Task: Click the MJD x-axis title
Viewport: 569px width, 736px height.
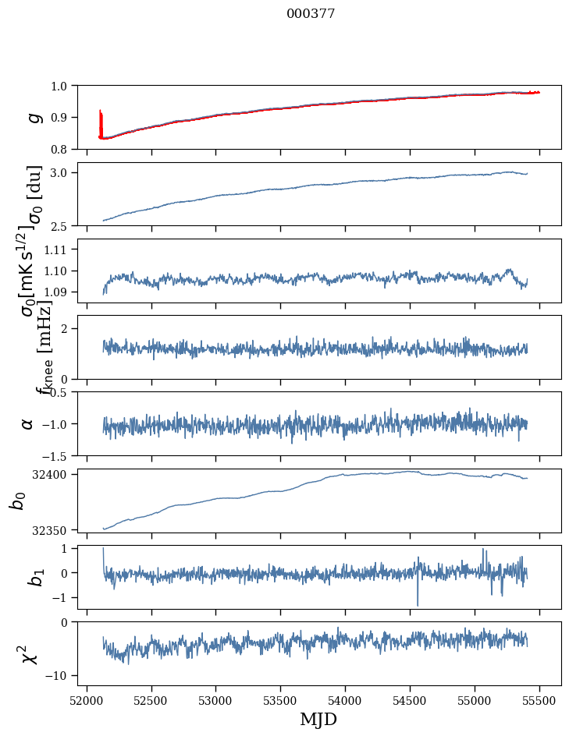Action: pos(318,720)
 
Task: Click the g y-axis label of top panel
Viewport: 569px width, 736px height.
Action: pos(33,117)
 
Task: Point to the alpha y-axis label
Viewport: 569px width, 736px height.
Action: pos(28,423)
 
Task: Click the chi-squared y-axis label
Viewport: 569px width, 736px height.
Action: pos(30,653)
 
